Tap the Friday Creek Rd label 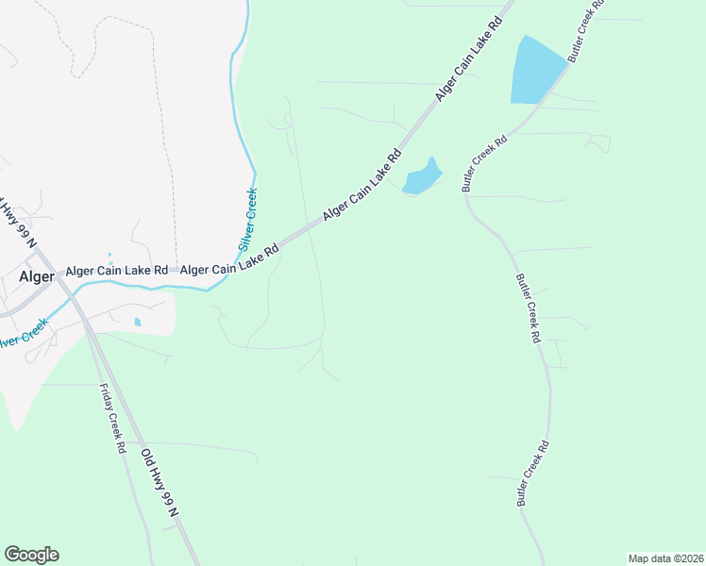[110, 419]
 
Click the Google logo [31, 555]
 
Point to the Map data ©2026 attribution [664, 558]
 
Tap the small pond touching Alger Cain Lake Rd [422, 176]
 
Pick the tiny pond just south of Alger [139, 322]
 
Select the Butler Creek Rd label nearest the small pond [484, 163]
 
